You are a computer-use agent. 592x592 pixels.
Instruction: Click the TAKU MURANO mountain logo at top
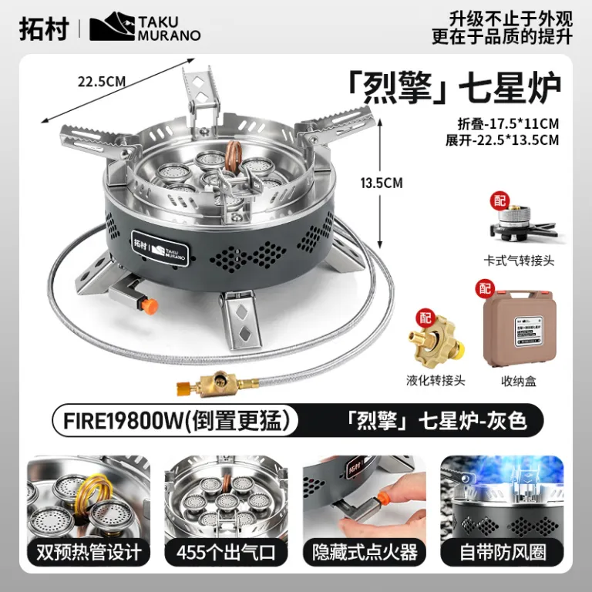click(112, 26)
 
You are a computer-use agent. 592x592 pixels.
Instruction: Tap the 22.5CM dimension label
click(102, 82)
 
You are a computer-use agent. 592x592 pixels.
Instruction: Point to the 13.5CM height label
click(382, 183)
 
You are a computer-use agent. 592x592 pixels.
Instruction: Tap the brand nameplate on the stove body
click(160, 248)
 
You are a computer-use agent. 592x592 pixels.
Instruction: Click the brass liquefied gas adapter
click(436, 341)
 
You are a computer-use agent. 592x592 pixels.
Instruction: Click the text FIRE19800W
click(123, 421)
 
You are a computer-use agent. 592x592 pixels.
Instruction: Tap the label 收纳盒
click(518, 382)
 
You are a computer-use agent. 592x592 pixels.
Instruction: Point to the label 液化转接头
click(436, 380)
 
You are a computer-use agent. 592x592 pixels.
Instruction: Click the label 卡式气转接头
click(519, 261)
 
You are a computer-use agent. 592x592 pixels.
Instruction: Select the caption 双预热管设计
click(89, 553)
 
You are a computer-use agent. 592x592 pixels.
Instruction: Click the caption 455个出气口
click(226, 553)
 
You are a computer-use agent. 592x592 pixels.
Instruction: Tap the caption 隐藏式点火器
click(365, 553)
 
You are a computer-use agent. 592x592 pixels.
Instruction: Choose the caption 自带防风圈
click(503, 553)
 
